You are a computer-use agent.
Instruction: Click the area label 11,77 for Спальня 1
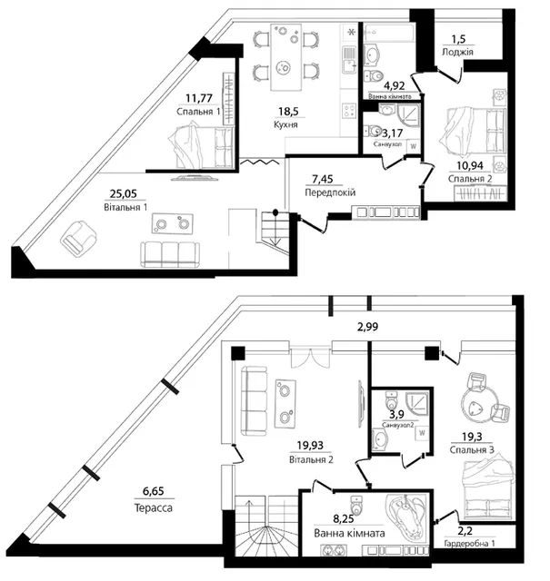click(x=199, y=98)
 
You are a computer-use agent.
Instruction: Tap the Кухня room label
click(x=285, y=124)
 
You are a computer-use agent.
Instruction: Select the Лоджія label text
click(x=457, y=52)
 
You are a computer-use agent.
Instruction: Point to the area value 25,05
click(x=124, y=193)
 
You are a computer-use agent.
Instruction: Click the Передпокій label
click(x=330, y=192)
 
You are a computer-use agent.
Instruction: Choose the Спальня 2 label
click(x=470, y=179)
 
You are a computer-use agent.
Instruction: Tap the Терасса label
click(x=154, y=507)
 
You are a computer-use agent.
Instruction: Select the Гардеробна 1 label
click(x=469, y=544)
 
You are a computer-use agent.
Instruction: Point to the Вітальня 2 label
click(x=311, y=459)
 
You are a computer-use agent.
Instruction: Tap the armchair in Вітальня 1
click(x=78, y=239)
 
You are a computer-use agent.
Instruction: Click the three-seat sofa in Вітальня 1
click(x=170, y=254)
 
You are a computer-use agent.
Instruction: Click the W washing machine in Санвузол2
click(x=422, y=433)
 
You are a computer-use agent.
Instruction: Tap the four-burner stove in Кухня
click(x=349, y=111)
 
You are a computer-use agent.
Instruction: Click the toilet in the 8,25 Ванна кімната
click(x=355, y=505)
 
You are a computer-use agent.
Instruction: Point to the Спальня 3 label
click(x=472, y=450)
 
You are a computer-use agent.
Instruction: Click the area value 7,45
click(x=323, y=180)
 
